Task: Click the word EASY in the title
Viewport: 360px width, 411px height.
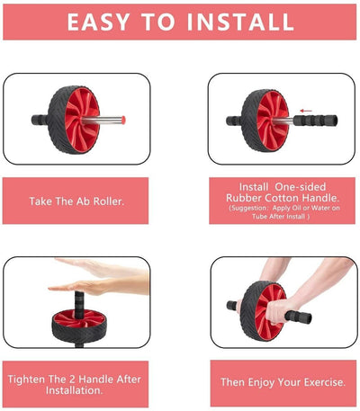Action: point(98,22)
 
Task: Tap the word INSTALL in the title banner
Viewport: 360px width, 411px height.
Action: point(240,22)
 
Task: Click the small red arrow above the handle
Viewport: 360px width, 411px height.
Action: point(306,111)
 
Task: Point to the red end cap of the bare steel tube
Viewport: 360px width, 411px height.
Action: point(123,120)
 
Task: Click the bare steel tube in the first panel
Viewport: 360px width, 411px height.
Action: point(102,121)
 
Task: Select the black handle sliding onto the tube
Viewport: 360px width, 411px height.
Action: point(315,121)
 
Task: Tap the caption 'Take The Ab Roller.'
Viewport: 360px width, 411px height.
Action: point(76,201)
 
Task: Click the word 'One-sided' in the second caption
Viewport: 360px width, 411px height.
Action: point(301,187)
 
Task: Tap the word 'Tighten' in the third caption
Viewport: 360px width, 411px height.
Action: point(26,380)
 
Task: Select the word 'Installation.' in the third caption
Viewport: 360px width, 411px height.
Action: point(74,390)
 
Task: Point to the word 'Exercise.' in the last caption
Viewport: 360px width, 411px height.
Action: point(325,382)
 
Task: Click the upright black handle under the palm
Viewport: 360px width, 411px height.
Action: point(79,305)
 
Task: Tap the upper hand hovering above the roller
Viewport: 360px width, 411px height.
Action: point(102,267)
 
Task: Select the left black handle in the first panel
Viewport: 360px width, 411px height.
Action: point(40,120)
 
